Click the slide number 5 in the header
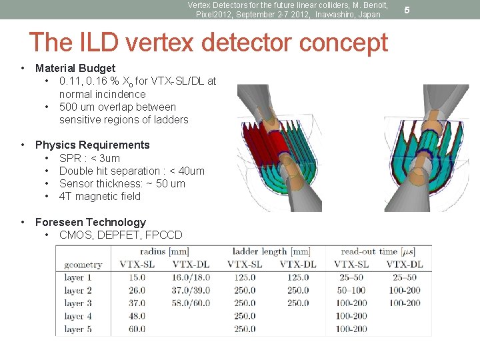(407, 10)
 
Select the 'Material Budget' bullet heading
(75, 68)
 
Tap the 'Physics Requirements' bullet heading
(92, 145)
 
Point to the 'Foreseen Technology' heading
(90, 222)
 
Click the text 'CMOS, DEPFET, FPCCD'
(120, 235)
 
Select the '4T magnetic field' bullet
(100, 196)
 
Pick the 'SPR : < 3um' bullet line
(89, 158)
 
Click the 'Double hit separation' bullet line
(131, 171)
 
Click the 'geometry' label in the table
(83, 265)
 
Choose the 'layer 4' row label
(78, 316)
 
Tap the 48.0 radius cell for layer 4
(137, 316)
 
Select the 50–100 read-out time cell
(351, 291)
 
